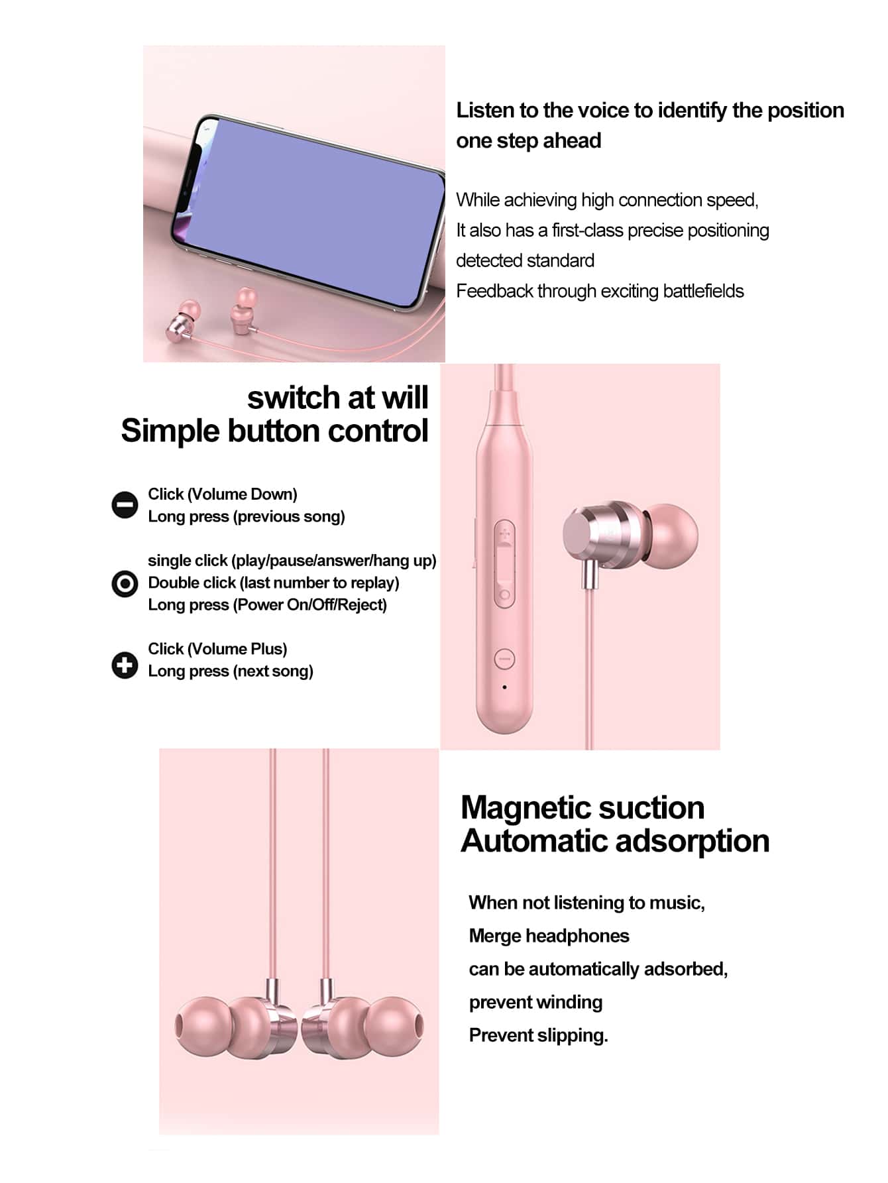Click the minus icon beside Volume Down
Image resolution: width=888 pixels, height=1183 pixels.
(x=125, y=505)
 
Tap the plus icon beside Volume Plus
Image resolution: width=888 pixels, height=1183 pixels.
(x=125, y=665)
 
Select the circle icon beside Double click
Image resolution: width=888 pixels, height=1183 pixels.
(x=125, y=584)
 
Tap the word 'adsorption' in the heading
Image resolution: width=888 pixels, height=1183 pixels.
(x=693, y=841)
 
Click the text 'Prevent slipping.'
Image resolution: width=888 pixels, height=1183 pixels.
(x=538, y=1035)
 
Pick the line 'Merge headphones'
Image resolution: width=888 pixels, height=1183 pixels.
(x=549, y=936)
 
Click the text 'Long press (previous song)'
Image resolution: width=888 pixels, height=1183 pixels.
(x=246, y=516)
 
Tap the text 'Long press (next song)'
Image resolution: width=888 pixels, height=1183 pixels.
(x=230, y=671)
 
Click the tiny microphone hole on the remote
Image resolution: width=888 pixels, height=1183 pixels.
(x=504, y=687)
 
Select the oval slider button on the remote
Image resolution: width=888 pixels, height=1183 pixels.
(x=504, y=563)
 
